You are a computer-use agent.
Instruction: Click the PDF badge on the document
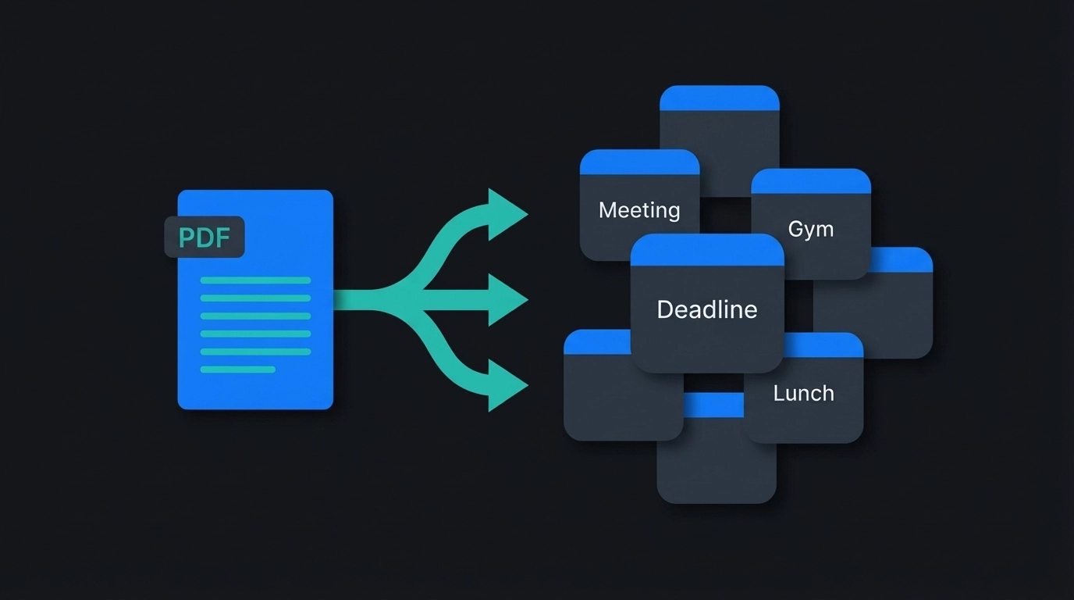(204, 237)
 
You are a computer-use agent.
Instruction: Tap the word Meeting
(639, 210)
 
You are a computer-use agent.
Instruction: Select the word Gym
(811, 229)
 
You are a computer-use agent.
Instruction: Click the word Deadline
(707, 309)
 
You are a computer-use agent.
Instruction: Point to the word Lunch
(803, 393)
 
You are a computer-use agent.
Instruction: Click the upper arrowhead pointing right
(506, 213)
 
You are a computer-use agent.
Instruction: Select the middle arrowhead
(507, 299)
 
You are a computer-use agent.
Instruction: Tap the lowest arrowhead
(506, 385)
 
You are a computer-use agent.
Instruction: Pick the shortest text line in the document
(238, 370)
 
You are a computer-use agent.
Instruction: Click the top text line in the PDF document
(255, 280)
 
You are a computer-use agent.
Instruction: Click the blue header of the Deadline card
(707, 250)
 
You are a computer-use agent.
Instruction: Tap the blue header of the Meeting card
(639, 162)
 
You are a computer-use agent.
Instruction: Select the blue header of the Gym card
(811, 181)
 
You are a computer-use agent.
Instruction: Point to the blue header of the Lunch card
(823, 345)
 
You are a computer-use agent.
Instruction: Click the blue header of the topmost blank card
(720, 98)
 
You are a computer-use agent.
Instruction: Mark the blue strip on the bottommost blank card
(713, 405)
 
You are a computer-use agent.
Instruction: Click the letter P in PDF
(186, 237)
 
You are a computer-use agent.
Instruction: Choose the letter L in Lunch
(778, 393)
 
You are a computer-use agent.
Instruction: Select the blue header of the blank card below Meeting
(597, 342)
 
